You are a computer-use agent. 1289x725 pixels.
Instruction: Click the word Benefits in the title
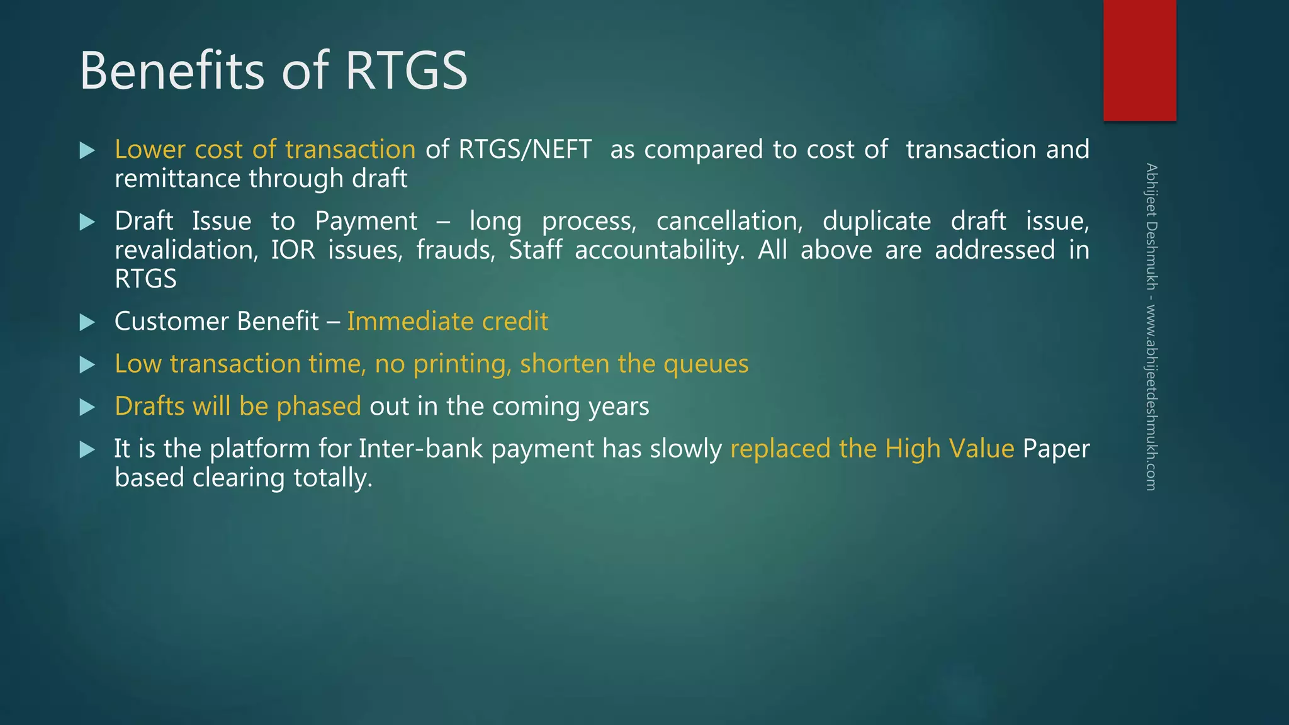click(172, 70)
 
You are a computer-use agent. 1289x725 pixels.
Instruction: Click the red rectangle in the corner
click(1139, 60)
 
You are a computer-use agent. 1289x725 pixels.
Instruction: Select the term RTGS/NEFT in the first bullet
click(525, 150)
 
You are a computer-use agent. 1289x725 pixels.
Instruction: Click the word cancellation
click(729, 221)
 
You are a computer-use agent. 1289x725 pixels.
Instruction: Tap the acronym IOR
click(293, 250)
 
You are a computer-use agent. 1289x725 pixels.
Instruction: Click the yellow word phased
click(318, 407)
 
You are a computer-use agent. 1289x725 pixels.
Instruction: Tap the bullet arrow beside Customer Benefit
click(87, 322)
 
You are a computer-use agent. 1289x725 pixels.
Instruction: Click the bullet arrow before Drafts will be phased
click(87, 407)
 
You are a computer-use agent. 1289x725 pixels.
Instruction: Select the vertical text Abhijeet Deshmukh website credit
click(1151, 327)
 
